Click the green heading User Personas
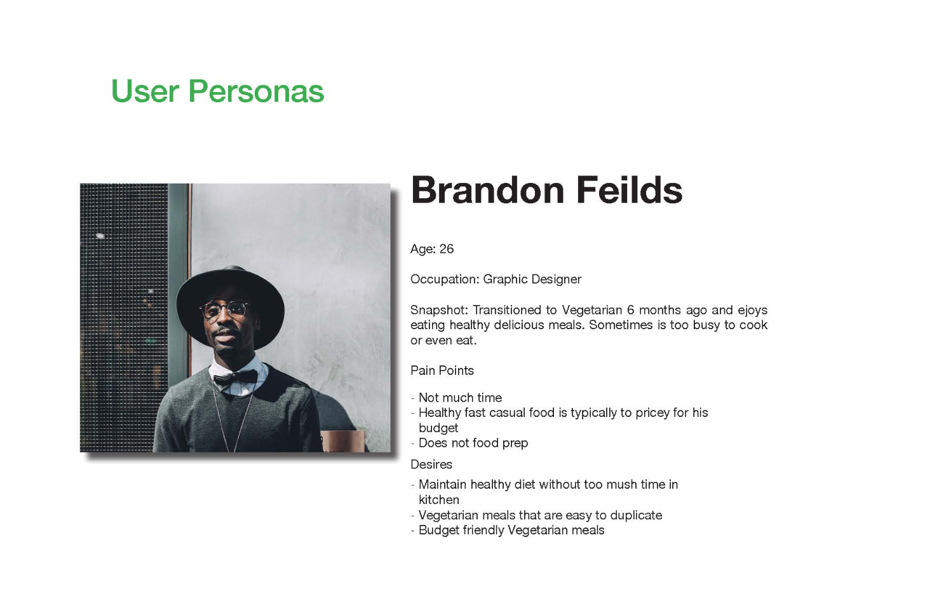218,92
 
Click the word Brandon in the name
487,190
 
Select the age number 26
447,249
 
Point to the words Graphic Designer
532,280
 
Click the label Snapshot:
440,310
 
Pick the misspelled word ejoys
752,310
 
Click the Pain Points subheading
442,370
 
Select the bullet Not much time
460,398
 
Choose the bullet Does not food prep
473,443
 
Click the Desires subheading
431,465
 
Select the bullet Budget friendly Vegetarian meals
511,530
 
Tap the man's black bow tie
236,377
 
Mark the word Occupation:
445,280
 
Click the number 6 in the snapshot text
631,310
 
